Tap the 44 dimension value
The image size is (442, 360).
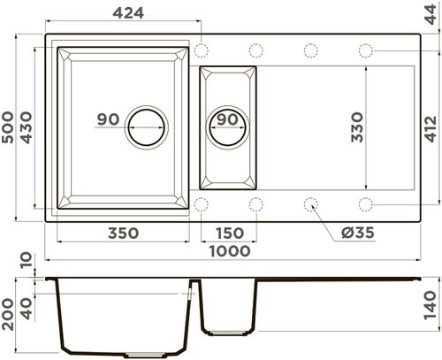click(431, 16)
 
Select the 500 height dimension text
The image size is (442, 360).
click(10, 129)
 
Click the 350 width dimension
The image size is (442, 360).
click(123, 234)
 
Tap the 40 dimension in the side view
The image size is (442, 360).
click(27, 310)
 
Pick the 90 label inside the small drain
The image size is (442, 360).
click(227, 119)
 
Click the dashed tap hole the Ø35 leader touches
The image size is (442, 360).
click(310, 204)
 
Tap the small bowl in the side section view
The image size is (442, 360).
click(228, 310)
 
